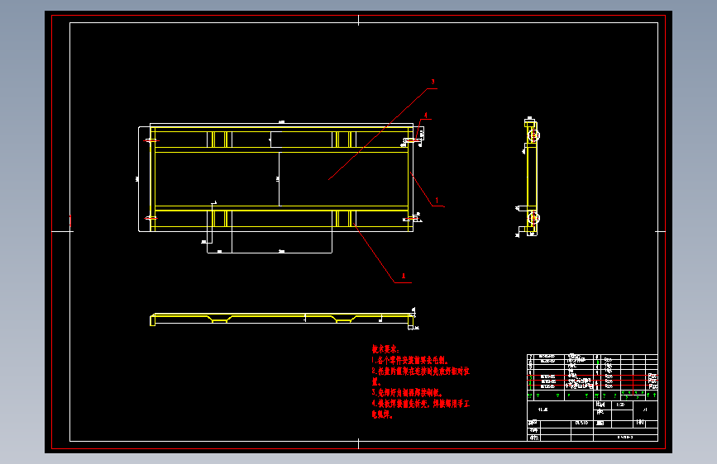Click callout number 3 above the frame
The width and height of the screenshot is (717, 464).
tap(432, 82)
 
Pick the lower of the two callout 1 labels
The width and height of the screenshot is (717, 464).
tap(404, 276)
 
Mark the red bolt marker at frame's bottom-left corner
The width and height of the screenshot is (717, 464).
tap(151, 217)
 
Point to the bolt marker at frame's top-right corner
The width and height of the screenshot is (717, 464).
tap(411, 141)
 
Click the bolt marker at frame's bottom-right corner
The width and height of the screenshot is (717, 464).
tap(411, 218)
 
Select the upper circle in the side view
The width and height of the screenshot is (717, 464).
tap(534, 135)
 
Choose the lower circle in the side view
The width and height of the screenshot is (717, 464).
tap(534, 219)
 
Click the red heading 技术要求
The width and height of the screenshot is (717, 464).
tap(385, 349)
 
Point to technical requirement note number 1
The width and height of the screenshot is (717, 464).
tap(410, 361)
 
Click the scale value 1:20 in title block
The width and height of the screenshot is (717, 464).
tap(621, 406)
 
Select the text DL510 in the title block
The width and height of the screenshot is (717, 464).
tap(581, 423)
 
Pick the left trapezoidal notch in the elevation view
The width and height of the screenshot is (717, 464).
tap(220, 319)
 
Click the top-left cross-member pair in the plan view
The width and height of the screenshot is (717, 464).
tap(218, 138)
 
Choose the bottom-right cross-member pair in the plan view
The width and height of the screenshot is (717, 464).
tap(346, 218)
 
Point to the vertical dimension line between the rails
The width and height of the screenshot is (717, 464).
tap(278, 178)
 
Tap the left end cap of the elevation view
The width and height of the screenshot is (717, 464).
tap(151, 320)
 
